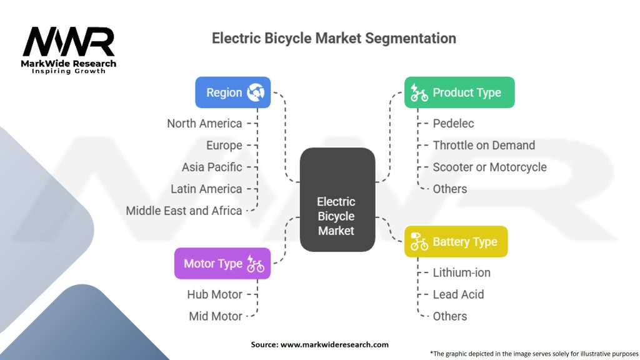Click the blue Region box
point(232,92)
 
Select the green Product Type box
point(459,92)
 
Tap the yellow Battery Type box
point(456,242)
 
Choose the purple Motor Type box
point(222,264)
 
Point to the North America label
point(204,123)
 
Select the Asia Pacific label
point(212,167)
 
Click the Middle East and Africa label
point(184,211)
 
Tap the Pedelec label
point(453,123)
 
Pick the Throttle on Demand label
point(484,145)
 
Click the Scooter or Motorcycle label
point(489,167)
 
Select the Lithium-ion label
point(461,272)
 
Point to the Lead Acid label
point(458,294)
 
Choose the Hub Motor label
point(214,294)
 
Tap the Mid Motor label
point(216,316)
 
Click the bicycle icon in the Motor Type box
point(256,264)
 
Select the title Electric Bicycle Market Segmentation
point(334,38)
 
